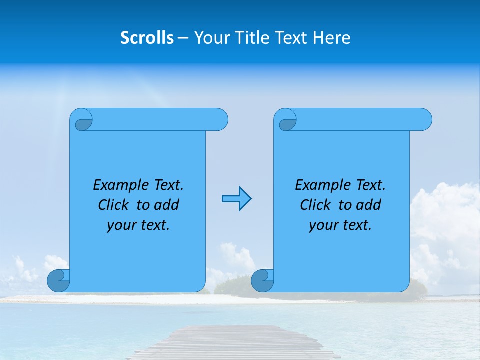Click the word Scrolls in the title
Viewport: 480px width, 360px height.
(147, 38)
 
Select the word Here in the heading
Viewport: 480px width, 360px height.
(332, 38)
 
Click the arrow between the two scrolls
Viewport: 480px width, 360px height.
(236, 199)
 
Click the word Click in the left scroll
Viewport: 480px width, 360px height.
(115, 205)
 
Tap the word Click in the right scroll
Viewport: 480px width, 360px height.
(317, 205)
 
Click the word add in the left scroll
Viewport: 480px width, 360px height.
(166, 205)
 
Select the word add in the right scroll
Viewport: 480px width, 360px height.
(368, 205)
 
